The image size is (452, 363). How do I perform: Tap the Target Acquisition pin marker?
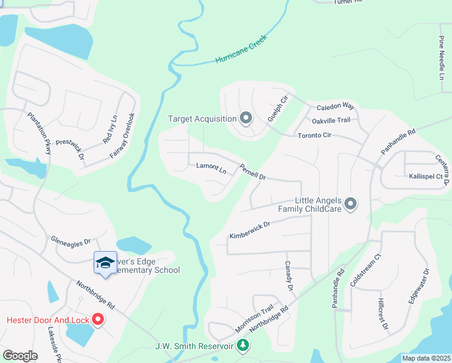click(245, 118)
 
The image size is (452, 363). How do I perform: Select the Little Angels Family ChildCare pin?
click(350, 204)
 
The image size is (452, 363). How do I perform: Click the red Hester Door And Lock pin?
click(97, 319)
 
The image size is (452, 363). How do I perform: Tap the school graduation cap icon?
click(105, 263)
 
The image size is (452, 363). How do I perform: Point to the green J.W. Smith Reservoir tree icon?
click(243, 345)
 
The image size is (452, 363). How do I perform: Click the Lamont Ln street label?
click(211, 168)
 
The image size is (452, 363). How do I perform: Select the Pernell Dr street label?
click(253, 172)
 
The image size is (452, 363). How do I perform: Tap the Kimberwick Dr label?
click(249, 229)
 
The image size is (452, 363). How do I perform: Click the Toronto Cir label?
click(314, 136)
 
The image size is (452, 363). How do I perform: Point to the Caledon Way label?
click(335, 106)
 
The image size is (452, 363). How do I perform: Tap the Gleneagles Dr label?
click(70, 241)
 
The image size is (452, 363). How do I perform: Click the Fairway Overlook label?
click(123, 136)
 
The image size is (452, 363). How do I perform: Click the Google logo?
click(20, 356)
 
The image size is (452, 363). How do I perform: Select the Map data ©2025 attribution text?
click(426, 358)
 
